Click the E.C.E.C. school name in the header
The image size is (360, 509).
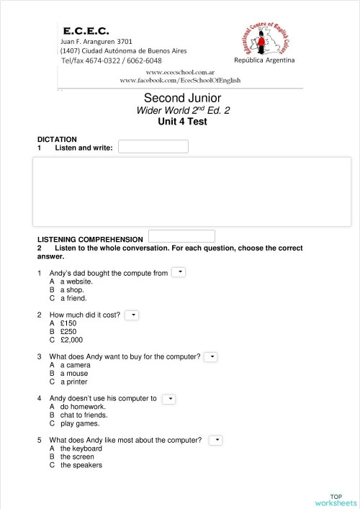86,32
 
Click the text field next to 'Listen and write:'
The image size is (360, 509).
153,147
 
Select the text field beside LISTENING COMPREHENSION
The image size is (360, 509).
181,236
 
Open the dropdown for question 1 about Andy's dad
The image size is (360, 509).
179,272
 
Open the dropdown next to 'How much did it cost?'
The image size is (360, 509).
132,315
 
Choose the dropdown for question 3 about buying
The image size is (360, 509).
210,356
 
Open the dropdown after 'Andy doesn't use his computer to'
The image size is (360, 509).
168,398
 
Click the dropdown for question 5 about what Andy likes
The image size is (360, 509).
215,440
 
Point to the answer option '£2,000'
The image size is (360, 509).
71,340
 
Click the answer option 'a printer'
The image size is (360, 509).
75,382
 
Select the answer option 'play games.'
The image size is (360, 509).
79,423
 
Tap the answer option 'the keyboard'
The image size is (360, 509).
81,449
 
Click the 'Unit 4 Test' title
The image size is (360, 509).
182,122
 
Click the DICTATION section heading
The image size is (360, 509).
57,139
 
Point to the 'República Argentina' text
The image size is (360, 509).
264,60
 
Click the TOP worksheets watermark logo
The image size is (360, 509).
336,500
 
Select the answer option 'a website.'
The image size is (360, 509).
76,281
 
